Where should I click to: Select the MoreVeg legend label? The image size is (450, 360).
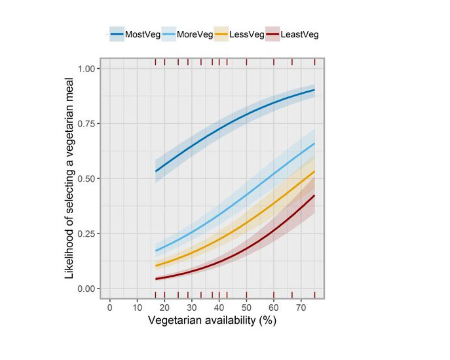pyautogui.click(x=195, y=34)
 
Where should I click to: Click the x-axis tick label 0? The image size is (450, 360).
pyautogui.click(x=110, y=308)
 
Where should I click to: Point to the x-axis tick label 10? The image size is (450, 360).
pyautogui.click(x=137, y=308)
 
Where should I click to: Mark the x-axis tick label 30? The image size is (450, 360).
pyautogui.click(x=191, y=308)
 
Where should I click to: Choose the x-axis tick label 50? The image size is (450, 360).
pyautogui.click(x=246, y=308)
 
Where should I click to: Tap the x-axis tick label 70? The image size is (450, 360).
pyautogui.click(x=300, y=308)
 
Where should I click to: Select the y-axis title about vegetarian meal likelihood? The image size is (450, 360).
pyautogui.click(x=69, y=178)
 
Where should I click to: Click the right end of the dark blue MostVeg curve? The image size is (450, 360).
pyautogui.click(x=314, y=90)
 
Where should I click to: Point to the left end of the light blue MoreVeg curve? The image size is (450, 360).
pyautogui.click(x=155, y=250)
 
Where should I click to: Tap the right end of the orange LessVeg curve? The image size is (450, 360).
pyautogui.click(x=314, y=172)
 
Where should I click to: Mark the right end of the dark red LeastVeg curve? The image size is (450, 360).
pyautogui.click(x=314, y=195)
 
